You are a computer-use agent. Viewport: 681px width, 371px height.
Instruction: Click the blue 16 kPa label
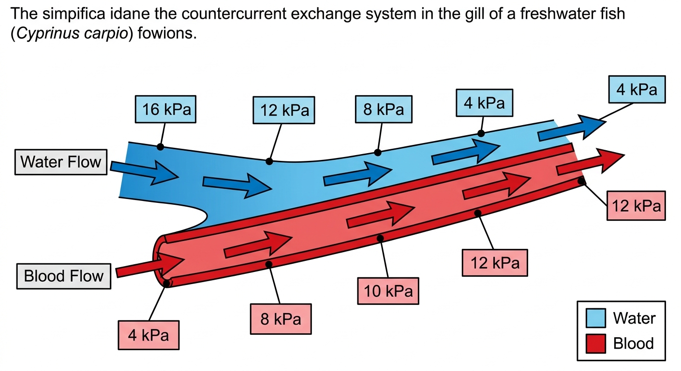point(165,109)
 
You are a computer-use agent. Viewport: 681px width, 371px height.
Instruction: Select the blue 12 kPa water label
point(283,110)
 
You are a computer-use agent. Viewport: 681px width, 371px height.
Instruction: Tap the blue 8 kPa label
point(384,109)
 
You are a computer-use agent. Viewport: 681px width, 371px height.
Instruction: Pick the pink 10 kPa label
point(388,291)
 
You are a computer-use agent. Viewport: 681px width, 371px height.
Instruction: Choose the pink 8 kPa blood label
point(281,319)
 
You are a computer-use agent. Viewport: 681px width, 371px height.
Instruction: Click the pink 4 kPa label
point(148,335)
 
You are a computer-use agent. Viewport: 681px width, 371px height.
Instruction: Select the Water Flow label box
point(61,162)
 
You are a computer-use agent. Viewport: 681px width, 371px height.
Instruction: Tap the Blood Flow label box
point(63,276)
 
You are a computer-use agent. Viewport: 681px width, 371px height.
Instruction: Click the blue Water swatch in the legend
point(595,318)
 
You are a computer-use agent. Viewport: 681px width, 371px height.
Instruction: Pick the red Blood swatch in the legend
point(595,343)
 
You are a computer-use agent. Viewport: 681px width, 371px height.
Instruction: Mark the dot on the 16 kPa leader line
point(160,147)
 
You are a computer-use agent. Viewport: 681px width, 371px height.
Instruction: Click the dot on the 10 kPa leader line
point(380,239)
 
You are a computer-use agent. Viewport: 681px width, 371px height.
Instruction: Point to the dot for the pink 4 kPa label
point(166,284)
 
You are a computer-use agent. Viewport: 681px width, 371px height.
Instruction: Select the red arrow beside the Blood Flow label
point(150,265)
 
